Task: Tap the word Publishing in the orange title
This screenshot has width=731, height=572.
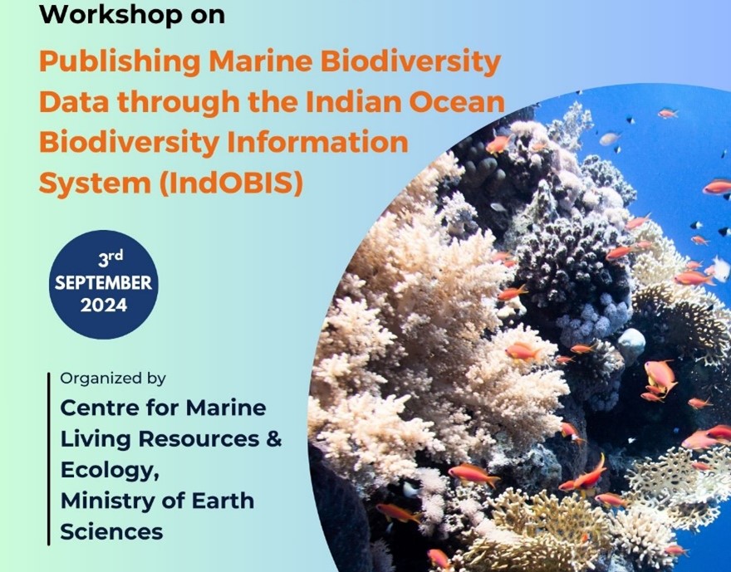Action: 120,63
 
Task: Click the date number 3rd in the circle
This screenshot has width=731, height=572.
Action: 110,258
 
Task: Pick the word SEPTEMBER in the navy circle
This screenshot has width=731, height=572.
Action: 104,283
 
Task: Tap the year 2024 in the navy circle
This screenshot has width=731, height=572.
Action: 104,306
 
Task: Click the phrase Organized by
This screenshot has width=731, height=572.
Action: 113,379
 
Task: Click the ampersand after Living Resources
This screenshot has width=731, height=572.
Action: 275,439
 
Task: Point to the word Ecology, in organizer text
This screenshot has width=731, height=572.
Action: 110,471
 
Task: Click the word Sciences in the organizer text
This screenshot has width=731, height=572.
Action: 112,531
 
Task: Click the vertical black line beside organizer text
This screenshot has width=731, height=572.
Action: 48,459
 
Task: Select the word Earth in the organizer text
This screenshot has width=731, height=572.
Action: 223,501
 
